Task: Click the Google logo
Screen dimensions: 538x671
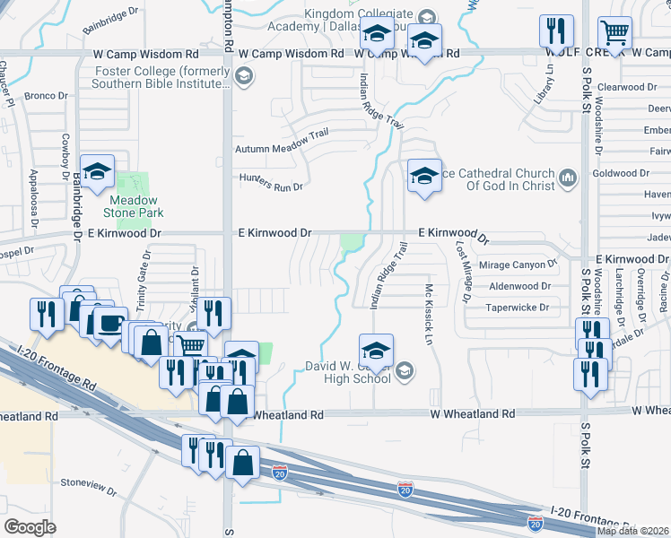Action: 30,527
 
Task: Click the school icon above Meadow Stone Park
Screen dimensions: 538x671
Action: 98,171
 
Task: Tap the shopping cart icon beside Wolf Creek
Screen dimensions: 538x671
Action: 614,33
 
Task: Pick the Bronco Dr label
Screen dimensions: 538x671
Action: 47,95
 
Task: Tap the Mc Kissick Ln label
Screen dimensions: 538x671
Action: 429,305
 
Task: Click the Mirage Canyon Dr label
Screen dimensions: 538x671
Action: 518,265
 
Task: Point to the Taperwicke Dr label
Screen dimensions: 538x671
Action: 518,307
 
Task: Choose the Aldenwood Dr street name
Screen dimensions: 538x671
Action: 519,286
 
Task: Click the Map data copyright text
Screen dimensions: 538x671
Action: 633,531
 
